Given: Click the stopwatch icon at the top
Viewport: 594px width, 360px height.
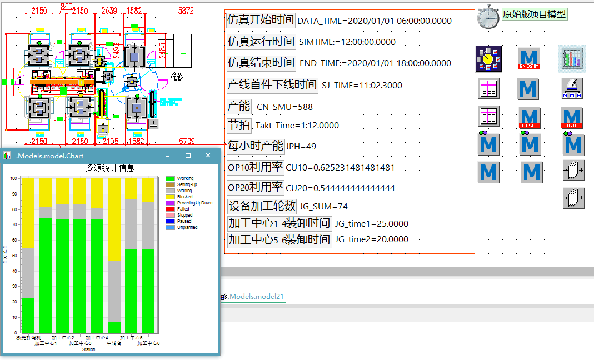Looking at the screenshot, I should coord(488,17).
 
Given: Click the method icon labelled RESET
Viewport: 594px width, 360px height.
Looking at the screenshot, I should coord(530,118).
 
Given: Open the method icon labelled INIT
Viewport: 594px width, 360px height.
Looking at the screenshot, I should coord(572,118).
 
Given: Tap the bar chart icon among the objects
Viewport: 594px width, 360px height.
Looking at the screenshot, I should coord(572,58).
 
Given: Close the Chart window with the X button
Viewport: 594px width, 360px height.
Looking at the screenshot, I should coord(208,156).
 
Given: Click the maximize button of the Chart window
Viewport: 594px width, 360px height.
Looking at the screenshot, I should coord(188,156).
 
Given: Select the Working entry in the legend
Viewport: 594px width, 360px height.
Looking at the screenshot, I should coord(186,179).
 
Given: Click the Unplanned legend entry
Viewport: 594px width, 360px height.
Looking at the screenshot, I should coord(187,227).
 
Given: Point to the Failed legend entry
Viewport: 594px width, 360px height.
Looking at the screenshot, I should coord(183,209).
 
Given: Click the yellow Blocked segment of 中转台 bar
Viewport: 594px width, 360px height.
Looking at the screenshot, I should coord(114,219).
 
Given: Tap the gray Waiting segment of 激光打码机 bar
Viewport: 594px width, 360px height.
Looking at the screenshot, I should coord(28,273).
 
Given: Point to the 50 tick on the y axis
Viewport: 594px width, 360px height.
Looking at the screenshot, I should coord(17,255).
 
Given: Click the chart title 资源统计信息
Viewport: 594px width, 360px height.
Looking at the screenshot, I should coord(109,168).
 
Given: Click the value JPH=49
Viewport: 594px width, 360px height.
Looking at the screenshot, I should coord(301,147).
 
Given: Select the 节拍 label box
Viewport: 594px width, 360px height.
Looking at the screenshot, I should coord(239,124).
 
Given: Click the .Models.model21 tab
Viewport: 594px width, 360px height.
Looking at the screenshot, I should coord(256,297).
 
